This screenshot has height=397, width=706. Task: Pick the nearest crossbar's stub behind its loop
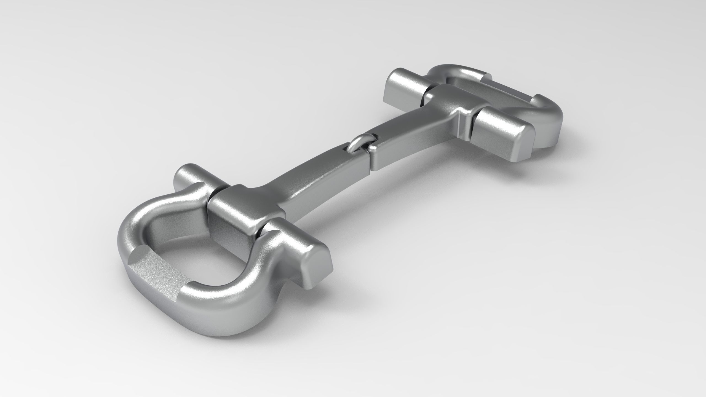tap(188, 179)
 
